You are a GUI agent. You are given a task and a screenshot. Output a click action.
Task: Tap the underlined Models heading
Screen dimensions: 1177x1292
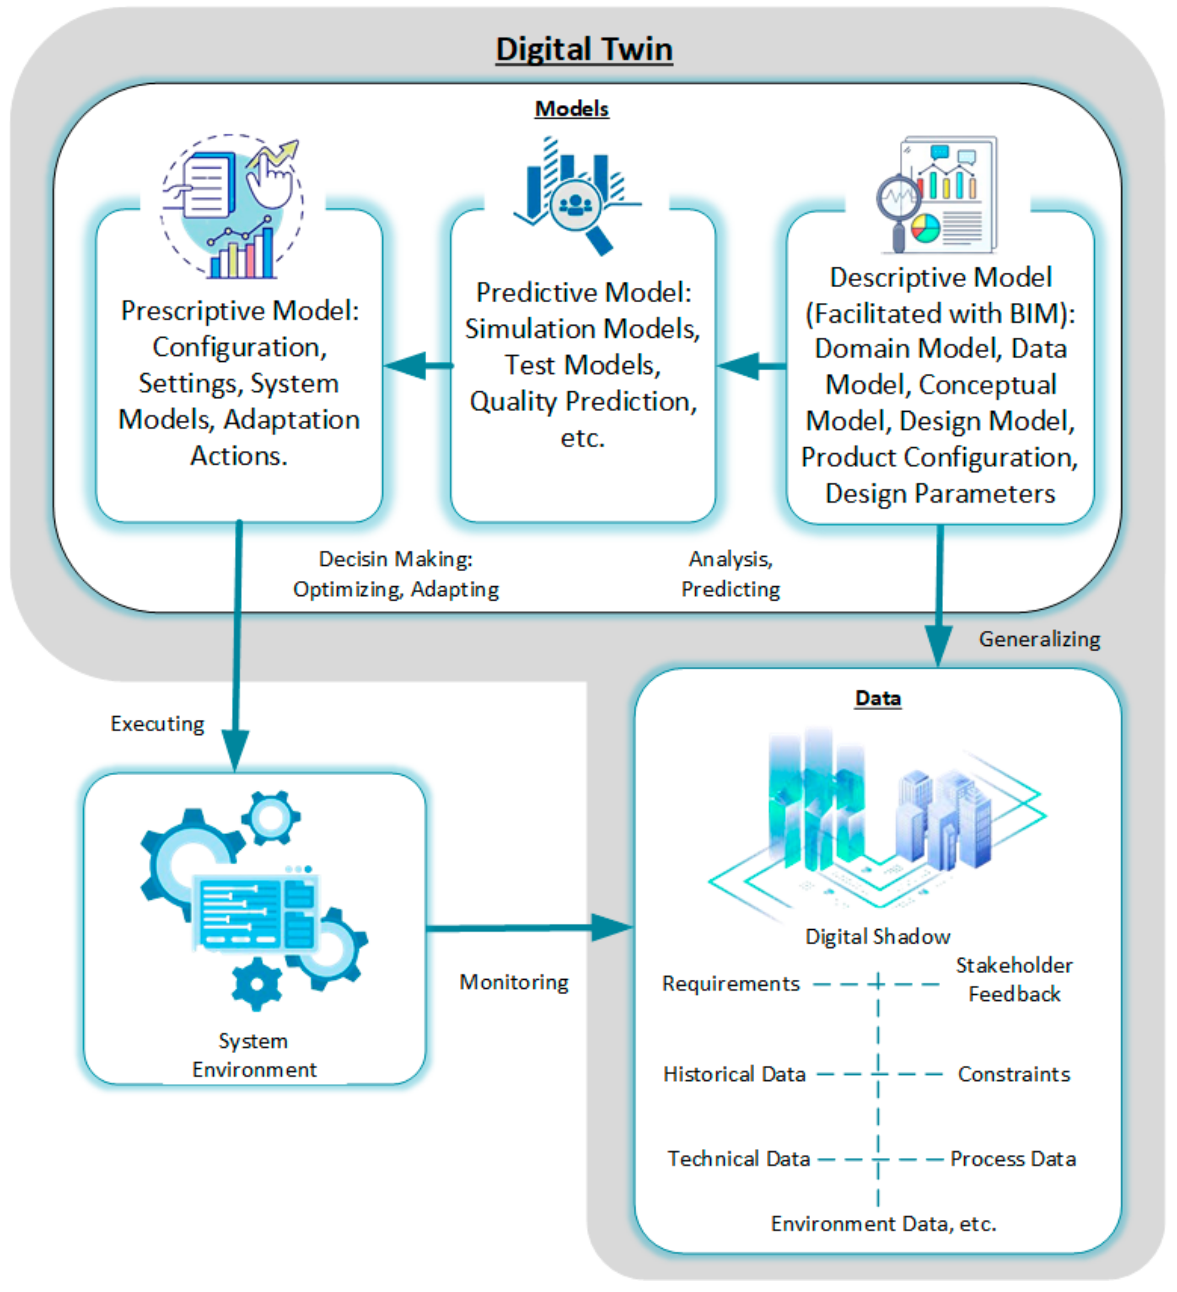pos(572,109)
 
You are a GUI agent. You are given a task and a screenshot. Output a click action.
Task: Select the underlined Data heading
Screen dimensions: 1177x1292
pos(878,698)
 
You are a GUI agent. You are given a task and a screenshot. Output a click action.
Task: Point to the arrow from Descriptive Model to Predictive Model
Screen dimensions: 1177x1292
pos(751,366)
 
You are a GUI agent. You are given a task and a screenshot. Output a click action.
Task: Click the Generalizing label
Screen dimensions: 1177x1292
pos(1039,639)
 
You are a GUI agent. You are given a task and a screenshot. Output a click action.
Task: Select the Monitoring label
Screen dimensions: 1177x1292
pos(514,982)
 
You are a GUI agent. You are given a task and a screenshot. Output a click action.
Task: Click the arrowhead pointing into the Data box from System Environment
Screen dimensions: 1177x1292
pos(612,927)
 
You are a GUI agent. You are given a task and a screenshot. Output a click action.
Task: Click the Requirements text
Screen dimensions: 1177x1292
pos(731,983)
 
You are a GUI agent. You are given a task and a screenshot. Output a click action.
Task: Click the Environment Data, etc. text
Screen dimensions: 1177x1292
pos(883,1223)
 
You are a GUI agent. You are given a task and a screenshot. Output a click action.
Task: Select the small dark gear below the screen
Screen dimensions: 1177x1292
pos(257,984)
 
